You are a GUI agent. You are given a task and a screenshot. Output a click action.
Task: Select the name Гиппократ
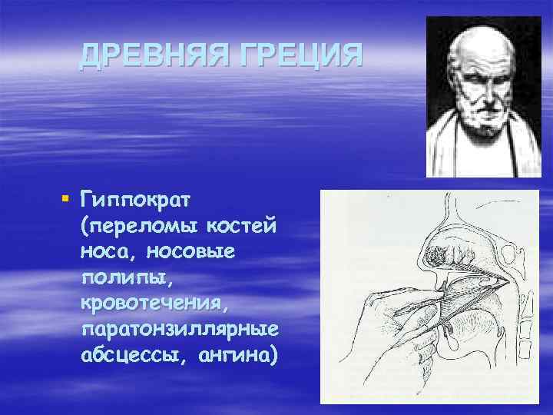134,201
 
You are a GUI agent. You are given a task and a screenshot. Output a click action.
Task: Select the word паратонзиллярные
178,330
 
